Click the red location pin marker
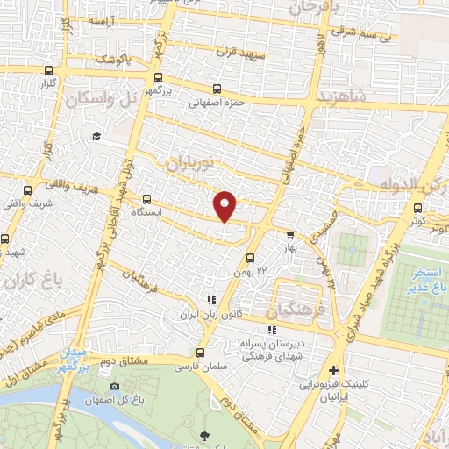coord(225,205)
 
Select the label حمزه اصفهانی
coord(217,102)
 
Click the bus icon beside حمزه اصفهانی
coord(217,89)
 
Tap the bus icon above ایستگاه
coord(146,197)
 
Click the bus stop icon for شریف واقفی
coord(28,189)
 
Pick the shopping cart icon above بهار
coord(290,234)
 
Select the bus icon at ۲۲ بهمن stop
coord(250,258)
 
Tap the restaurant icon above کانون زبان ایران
coord(209,299)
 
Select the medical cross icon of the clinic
coord(332,370)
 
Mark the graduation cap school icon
coord(96,135)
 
